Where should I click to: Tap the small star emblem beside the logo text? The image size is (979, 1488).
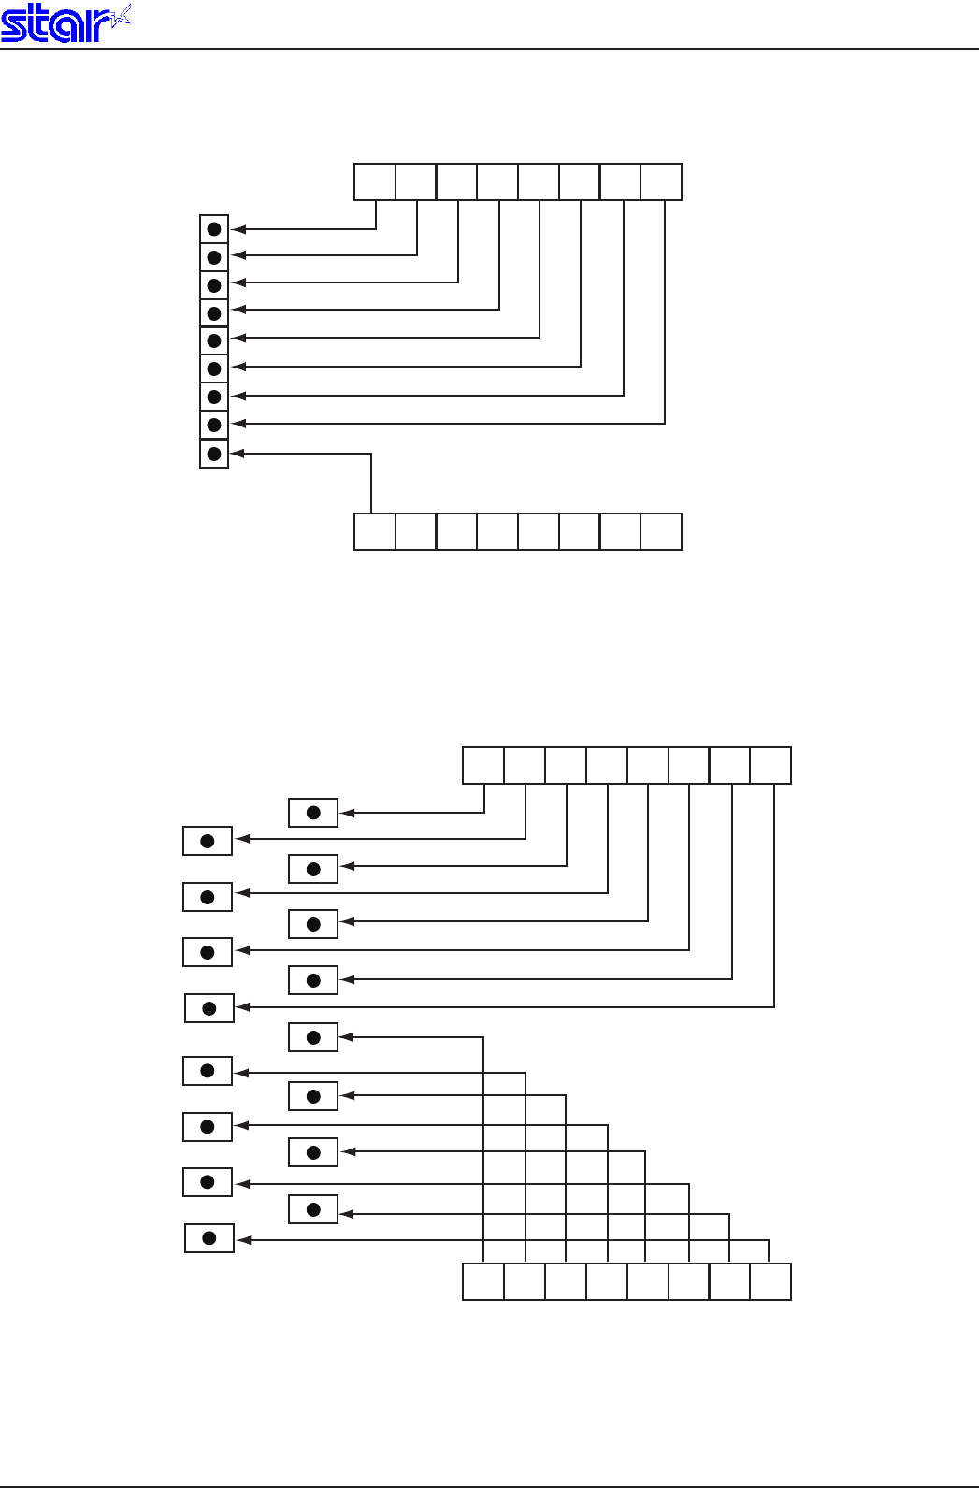(x=120, y=17)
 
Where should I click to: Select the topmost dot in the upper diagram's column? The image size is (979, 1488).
(x=214, y=229)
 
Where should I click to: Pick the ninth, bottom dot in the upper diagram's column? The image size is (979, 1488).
(x=214, y=454)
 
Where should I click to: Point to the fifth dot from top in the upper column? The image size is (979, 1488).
(x=214, y=340)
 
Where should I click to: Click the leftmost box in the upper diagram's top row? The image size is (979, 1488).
(x=375, y=181)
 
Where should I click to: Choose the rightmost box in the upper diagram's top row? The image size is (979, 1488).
(x=661, y=181)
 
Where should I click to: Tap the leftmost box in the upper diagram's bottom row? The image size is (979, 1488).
(x=375, y=531)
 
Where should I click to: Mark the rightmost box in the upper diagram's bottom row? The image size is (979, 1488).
(x=661, y=531)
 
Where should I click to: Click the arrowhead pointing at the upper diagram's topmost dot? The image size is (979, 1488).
(x=238, y=229)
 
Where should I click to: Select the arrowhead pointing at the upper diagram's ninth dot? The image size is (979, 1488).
(x=238, y=454)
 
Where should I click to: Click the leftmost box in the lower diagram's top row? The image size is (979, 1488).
(x=483, y=765)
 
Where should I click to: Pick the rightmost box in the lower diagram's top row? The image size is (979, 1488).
(x=770, y=765)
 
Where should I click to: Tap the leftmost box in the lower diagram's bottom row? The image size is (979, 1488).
(x=483, y=1281)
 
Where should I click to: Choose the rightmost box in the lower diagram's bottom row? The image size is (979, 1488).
(x=770, y=1281)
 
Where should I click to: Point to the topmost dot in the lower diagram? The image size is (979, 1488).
(x=313, y=813)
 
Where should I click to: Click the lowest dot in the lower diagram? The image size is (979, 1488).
(x=209, y=1238)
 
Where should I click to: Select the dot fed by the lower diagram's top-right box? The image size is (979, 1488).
(x=209, y=1008)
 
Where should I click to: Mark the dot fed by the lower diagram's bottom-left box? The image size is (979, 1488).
(x=313, y=1037)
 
